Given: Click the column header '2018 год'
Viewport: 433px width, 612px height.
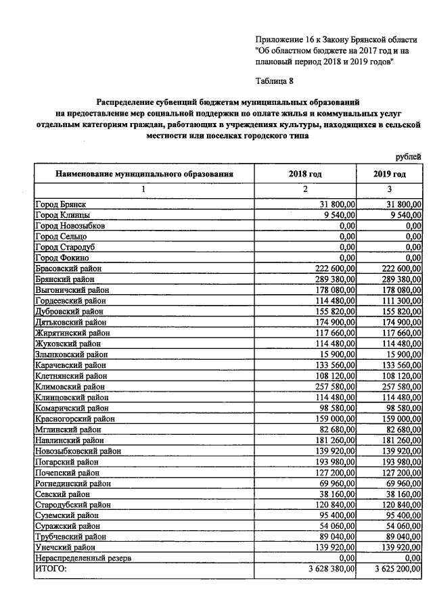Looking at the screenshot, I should point(305,174).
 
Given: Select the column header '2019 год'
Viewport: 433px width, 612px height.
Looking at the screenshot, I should point(389,174).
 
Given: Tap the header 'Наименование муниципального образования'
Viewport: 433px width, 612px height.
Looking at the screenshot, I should point(144,174).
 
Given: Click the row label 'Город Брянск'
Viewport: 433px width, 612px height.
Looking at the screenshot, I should point(61,204).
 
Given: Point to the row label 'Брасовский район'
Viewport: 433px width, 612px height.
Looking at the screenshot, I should point(68,268).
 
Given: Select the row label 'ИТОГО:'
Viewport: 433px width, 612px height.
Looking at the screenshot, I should point(51,570).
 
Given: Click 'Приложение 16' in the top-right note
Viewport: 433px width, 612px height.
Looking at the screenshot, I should point(283,39).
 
